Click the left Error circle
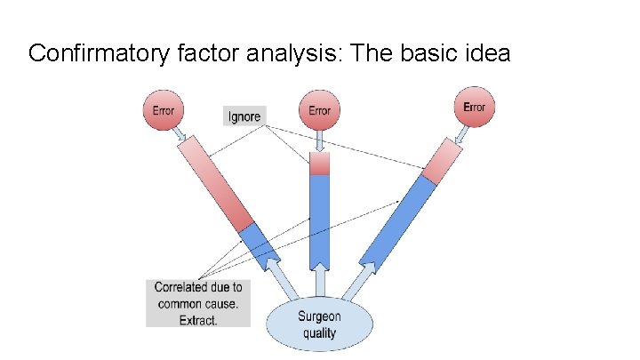(x=163, y=110)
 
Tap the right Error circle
(x=474, y=107)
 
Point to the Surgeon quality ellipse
(x=317, y=324)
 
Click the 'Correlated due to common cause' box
(x=198, y=303)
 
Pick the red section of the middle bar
(x=319, y=163)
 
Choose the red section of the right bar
(x=441, y=163)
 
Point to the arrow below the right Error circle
(x=462, y=133)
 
